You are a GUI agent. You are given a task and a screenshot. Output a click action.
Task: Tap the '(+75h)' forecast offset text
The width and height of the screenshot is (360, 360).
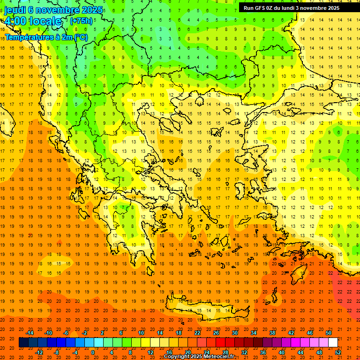click(81, 21)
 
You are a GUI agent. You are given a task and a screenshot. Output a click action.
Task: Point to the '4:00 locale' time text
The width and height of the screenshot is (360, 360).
click(33, 21)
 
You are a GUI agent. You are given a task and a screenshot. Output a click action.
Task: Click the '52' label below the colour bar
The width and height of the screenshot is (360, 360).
click(338, 352)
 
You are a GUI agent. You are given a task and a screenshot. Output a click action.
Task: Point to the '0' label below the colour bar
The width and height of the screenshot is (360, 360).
click(92, 352)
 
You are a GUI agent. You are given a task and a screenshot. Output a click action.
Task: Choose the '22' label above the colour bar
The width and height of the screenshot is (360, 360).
click(197, 333)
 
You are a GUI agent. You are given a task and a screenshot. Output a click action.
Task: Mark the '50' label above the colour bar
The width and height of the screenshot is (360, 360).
click(329, 333)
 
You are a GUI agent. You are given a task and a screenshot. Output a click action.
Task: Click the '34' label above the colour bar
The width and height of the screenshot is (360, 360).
click(254, 333)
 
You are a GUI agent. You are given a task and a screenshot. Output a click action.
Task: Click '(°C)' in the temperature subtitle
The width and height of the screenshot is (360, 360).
click(80, 37)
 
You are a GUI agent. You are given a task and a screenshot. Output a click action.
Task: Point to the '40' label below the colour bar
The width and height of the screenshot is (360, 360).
click(282, 352)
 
